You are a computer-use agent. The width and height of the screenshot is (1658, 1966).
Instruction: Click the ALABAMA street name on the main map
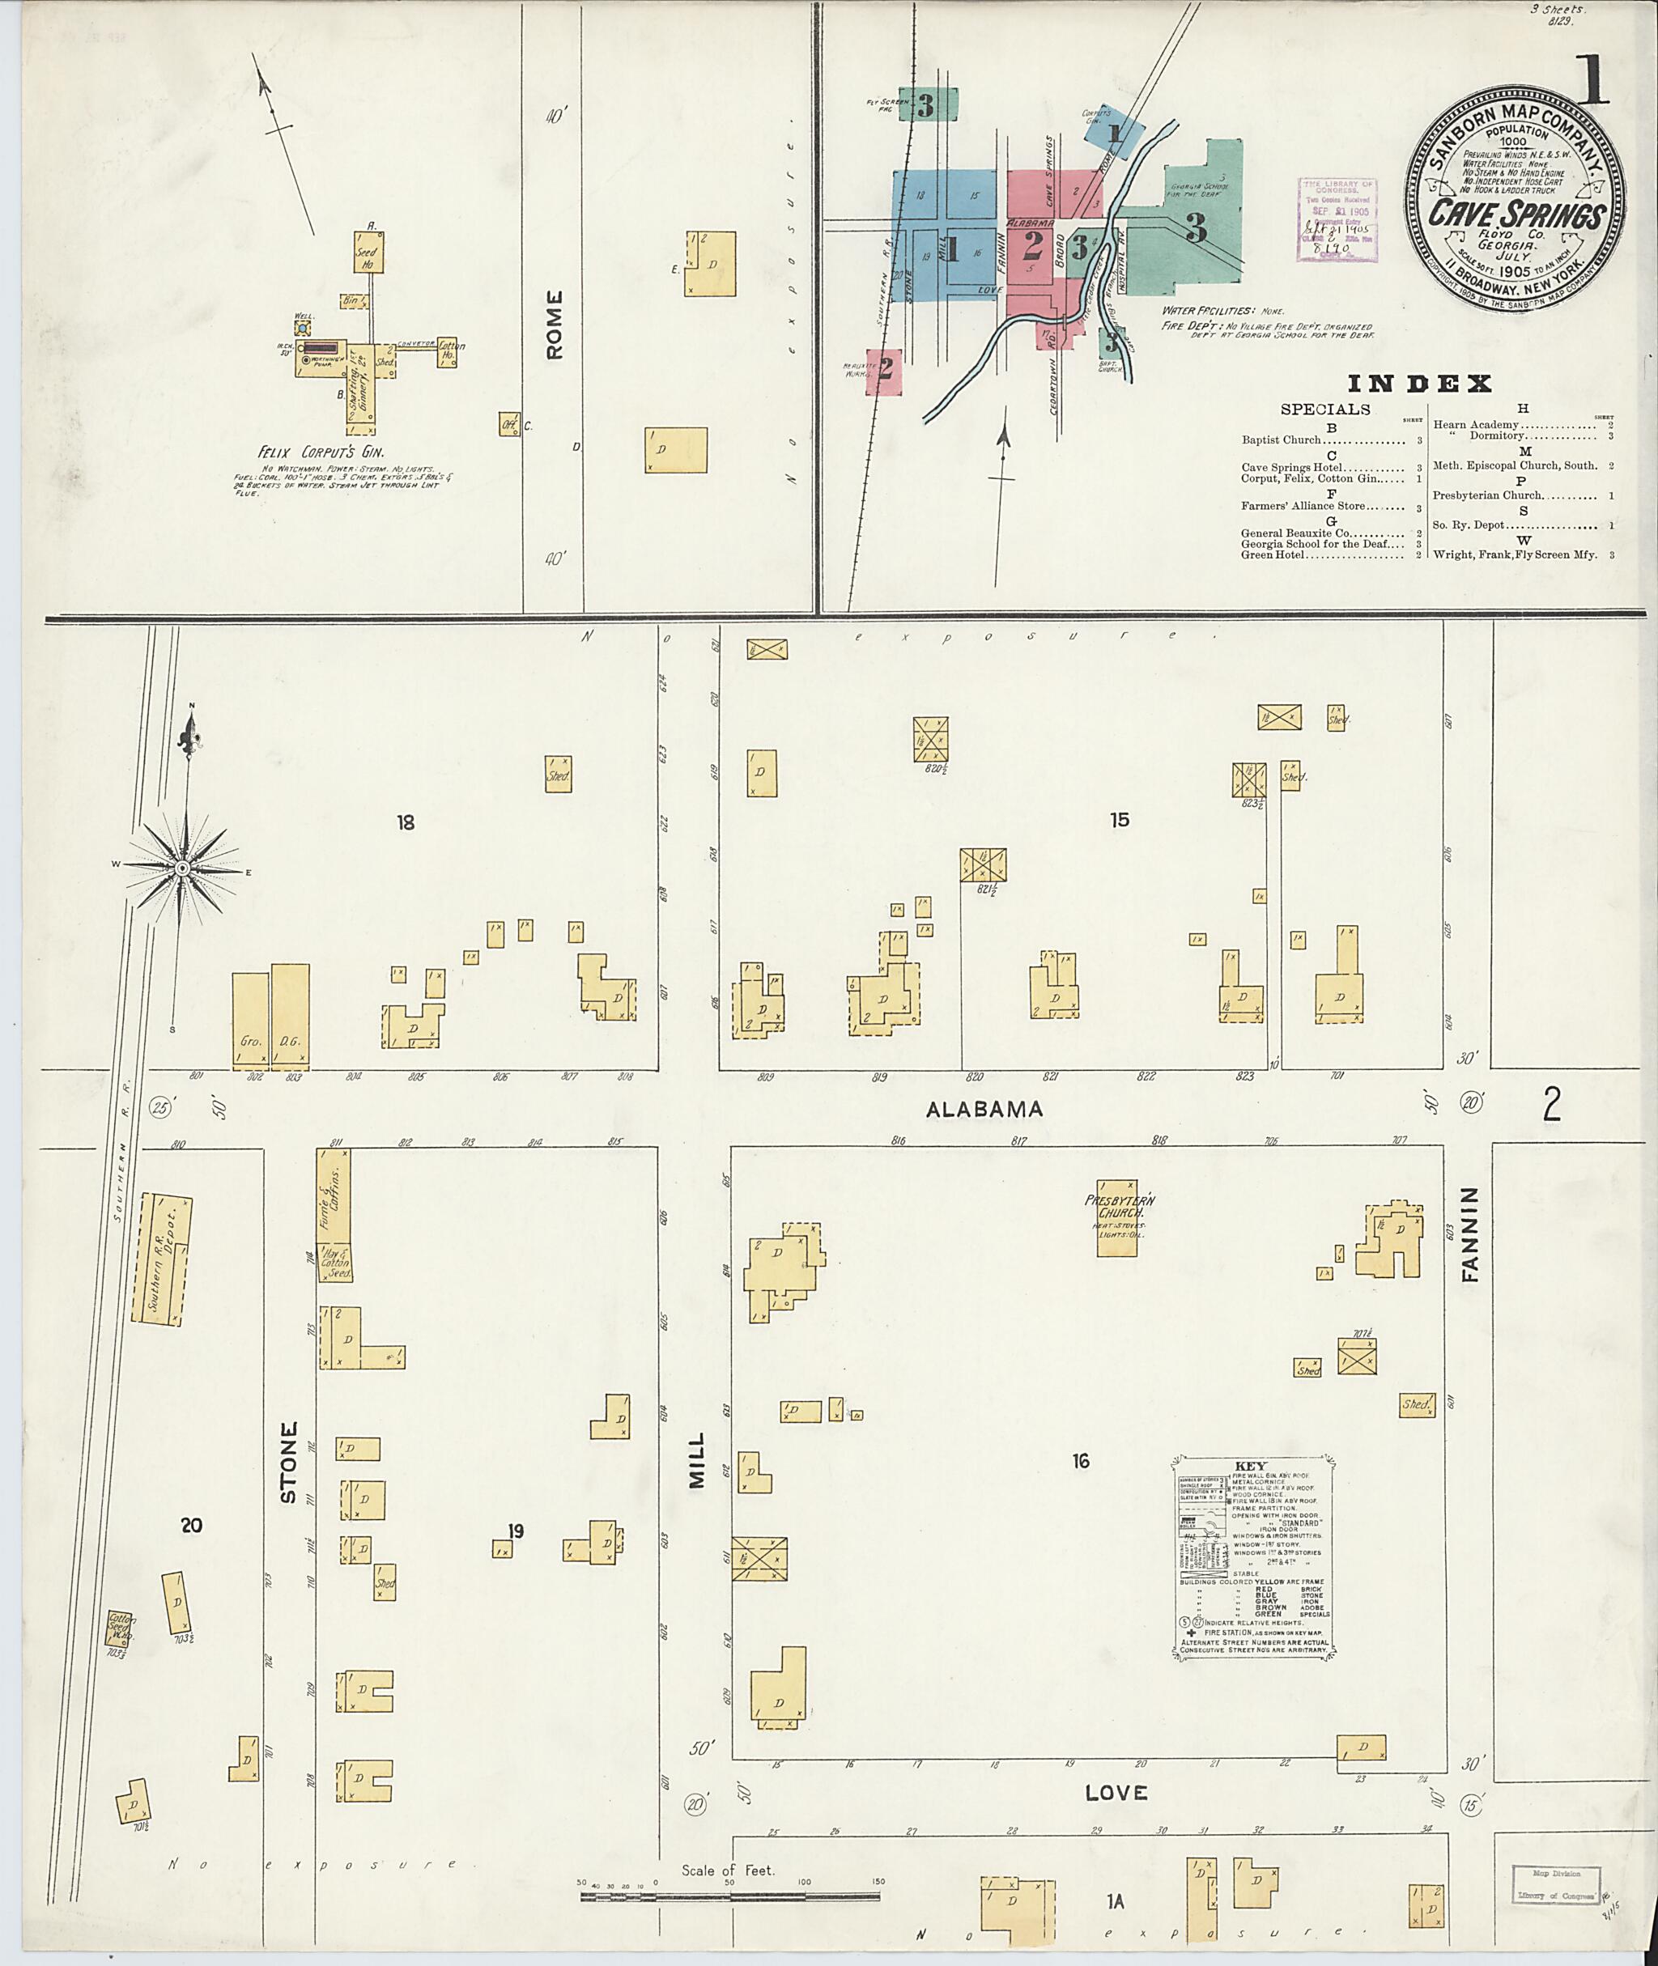coord(984,1109)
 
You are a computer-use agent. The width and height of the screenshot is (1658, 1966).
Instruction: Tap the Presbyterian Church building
coord(1117,1218)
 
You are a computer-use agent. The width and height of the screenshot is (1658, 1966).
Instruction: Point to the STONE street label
coord(288,1475)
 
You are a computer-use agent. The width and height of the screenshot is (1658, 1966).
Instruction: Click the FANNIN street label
coord(1470,1234)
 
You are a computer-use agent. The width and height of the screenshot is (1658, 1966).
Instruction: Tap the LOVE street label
coord(1116,1793)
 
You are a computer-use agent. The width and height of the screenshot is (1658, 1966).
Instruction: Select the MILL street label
coord(695,1460)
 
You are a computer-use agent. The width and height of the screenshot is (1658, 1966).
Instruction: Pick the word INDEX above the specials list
coord(1419,384)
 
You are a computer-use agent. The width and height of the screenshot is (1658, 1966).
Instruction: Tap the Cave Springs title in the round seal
coord(1516,215)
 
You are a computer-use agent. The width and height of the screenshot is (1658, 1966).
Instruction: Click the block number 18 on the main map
coord(405,823)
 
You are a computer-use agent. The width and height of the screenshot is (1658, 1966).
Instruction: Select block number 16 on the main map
coord(1081,1460)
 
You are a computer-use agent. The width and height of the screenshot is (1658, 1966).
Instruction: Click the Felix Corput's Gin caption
coord(321,451)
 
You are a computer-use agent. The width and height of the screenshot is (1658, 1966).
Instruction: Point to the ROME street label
coord(555,325)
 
